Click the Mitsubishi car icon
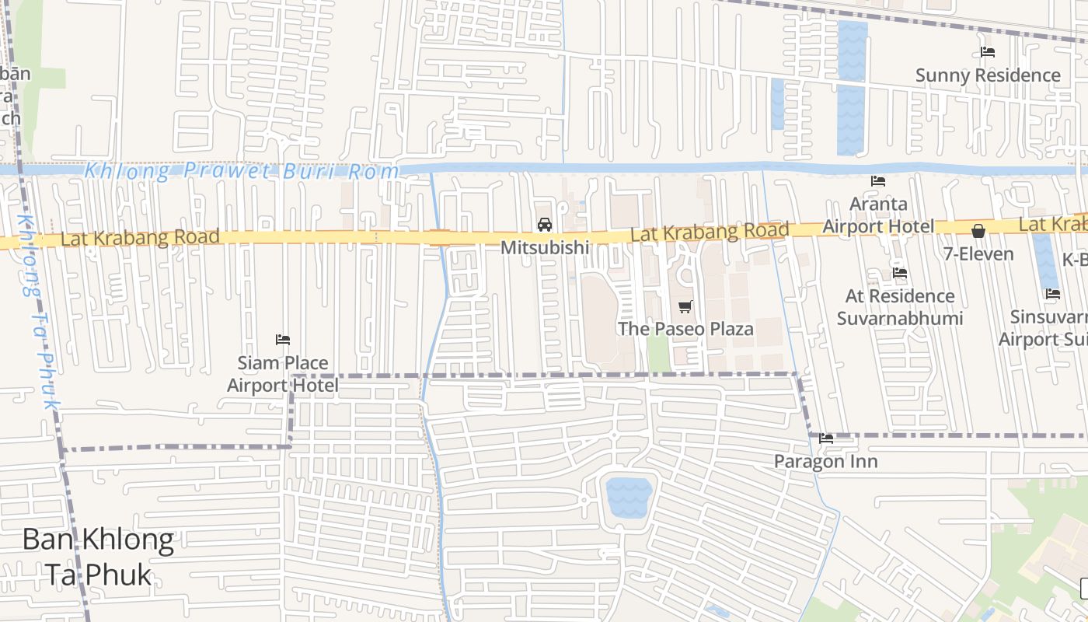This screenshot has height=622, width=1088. pyautogui.click(x=545, y=225)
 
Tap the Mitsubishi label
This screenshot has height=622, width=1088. pyautogui.click(x=545, y=248)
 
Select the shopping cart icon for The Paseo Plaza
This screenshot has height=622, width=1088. pyautogui.click(x=685, y=306)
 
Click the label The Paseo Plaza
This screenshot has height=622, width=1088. pyautogui.click(x=685, y=329)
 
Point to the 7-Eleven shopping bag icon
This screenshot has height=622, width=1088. pyautogui.click(x=978, y=231)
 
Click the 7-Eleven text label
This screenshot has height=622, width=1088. pyautogui.click(x=978, y=254)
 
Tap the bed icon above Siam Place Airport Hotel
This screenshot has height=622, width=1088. pyautogui.click(x=283, y=340)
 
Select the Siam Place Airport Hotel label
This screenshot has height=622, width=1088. pyautogui.click(x=283, y=374)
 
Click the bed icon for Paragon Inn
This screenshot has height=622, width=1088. pyautogui.click(x=826, y=439)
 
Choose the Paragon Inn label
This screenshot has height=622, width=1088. pyautogui.click(x=825, y=462)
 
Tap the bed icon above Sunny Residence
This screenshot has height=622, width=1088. pyautogui.click(x=988, y=52)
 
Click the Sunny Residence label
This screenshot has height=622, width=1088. pyautogui.click(x=988, y=75)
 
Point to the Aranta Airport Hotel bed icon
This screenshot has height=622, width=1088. pyautogui.click(x=878, y=181)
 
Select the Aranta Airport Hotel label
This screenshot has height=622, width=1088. pyautogui.click(x=878, y=215)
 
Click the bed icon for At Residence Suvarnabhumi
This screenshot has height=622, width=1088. pyautogui.click(x=900, y=273)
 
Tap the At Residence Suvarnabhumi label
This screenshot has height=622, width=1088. pyautogui.click(x=900, y=307)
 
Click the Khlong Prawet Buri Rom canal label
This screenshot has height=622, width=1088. pyautogui.click(x=241, y=171)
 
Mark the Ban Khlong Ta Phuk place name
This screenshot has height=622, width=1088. pyautogui.click(x=98, y=557)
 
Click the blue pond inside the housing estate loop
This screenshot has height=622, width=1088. pyautogui.click(x=629, y=498)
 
